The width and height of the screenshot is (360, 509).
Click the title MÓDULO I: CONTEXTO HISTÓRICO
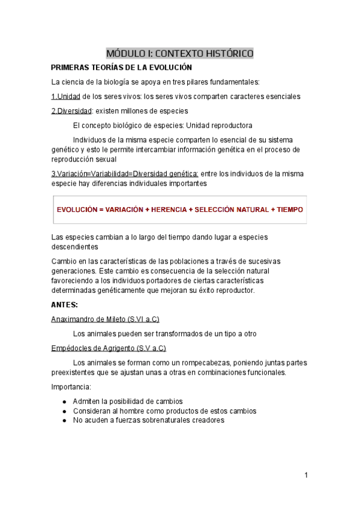pyautogui.click(x=180, y=53)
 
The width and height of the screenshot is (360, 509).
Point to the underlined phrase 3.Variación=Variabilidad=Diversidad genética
pyautogui.click(x=125, y=174)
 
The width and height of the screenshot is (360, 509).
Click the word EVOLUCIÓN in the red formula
pyautogui.click(x=76, y=209)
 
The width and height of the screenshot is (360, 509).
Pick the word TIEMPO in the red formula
pyautogui.click(x=290, y=209)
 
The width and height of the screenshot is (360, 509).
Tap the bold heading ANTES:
pyautogui.click(x=65, y=305)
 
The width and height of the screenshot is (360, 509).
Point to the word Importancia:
pyautogui.click(x=71, y=387)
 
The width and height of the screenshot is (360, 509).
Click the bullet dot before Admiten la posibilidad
pyautogui.click(x=64, y=402)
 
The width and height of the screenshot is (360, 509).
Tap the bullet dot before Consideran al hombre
pyautogui.click(x=64, y=411)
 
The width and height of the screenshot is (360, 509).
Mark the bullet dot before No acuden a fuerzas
pyautogui.click(x=64, y=421)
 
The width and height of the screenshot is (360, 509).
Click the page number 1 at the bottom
pyautogui.click(x=305, y=475)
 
